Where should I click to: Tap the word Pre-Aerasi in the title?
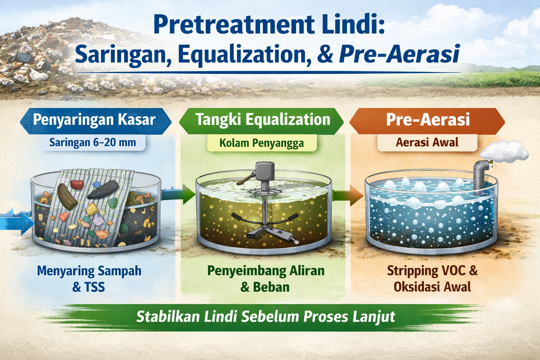(399, 54)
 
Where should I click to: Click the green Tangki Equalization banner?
(262, 120)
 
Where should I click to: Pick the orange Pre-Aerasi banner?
(427, 120)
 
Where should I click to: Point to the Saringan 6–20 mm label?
(92, 143)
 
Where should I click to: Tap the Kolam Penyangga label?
(262, 143)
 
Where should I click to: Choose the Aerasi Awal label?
(427, 142)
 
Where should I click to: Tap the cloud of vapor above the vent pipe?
(504, 153)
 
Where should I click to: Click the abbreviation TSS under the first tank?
(95, 287)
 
